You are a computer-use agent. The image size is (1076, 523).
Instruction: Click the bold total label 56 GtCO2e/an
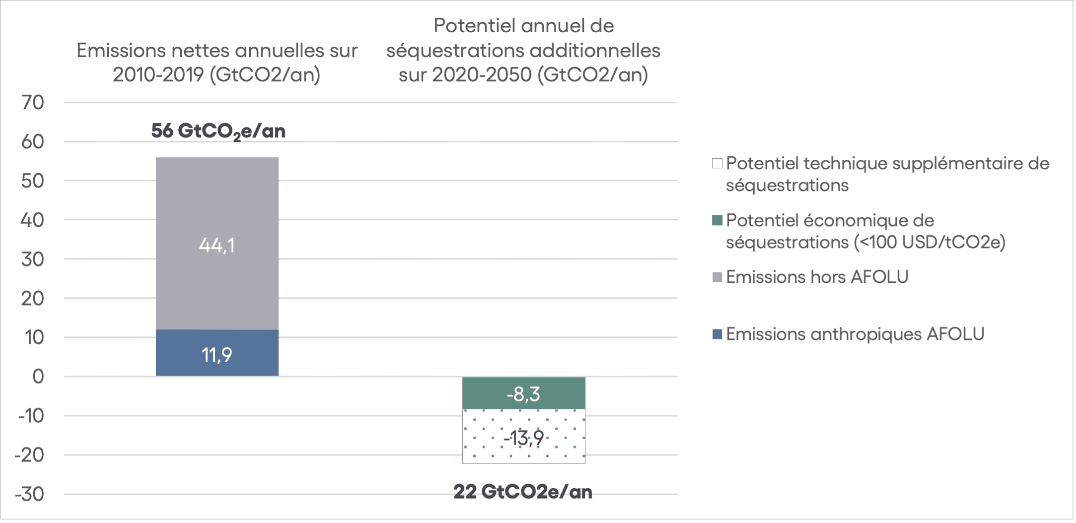[x=218, y=131]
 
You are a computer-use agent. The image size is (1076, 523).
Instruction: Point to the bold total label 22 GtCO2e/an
[x=522, y=492]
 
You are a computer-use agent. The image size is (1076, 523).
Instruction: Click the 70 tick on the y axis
[x=33, y=103]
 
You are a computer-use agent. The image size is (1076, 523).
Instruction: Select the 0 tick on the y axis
[x=38, y=377]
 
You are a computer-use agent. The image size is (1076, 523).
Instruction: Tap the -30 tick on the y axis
[x=29, y=494]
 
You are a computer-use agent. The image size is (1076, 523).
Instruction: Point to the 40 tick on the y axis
[x=33, y=220]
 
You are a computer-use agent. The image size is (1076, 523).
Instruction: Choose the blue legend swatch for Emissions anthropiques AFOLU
[x=717, y=334]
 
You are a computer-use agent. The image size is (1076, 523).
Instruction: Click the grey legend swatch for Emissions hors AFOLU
[x=717, y=277]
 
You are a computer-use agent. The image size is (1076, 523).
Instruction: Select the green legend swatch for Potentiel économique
[x=717, y=220]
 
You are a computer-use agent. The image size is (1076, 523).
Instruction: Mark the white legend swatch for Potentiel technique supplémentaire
[x=717, y=163]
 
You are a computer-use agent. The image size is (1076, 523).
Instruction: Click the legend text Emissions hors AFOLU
[x=817, y=277]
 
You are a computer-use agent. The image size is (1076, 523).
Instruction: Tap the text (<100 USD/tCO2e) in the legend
[x=929, y=243]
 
